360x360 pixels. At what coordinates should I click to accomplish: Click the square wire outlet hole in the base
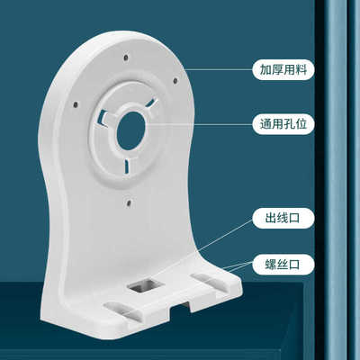pos(143,289)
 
